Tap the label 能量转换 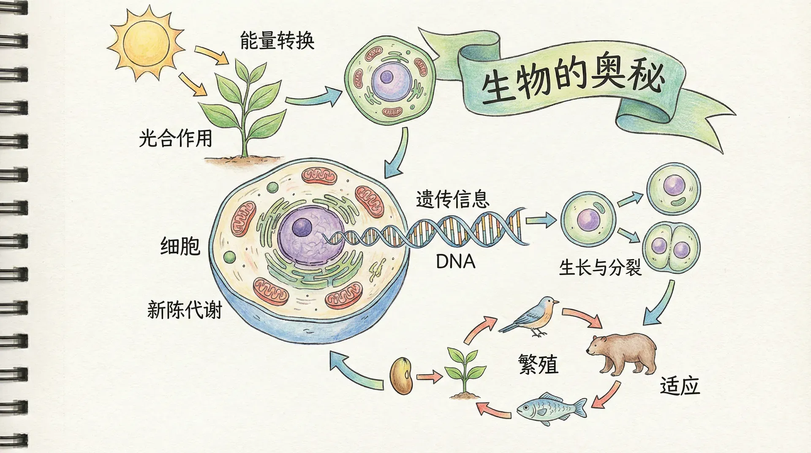coord(277,41)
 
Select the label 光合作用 coord(175,138)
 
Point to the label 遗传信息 coord(452,199)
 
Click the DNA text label coord(455,262)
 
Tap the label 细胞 coord(180,246)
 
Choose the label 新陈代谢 coord(184,310)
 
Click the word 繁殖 coord(538,364)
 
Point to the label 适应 coord(680,386)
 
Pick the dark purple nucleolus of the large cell coord(302,228)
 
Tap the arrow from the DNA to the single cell coord(541,220)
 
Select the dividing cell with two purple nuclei coord(671,247)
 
